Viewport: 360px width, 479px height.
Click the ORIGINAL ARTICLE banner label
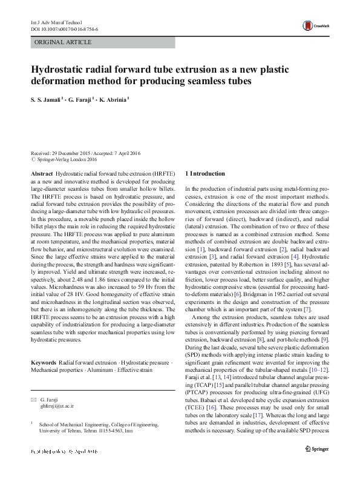pyautogui.click(x=64, y=42)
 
